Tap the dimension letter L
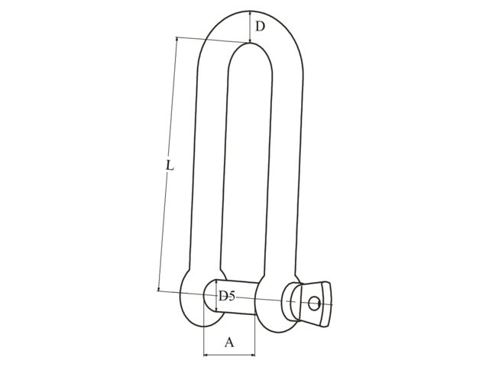click(x=170, y=164)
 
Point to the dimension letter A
click(x=229, y=343)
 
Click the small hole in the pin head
click(x=313, y=303)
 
